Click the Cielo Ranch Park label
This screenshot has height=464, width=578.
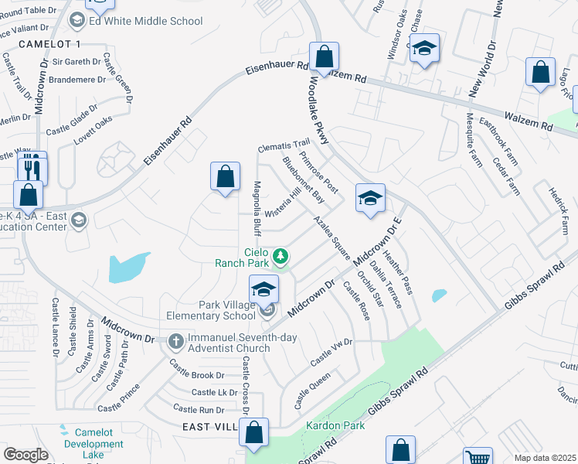(x=245, y=258)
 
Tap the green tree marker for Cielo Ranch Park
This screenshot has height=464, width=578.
(x=283, y=255)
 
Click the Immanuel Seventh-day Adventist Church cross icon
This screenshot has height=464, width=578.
(x=175, y=340)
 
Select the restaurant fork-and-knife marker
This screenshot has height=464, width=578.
(x=32, y=166)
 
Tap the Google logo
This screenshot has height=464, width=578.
(x=25, y=455)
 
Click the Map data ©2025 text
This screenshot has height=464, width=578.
(x=546, y=458)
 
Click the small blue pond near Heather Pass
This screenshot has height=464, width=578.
(x=439, y=295)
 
